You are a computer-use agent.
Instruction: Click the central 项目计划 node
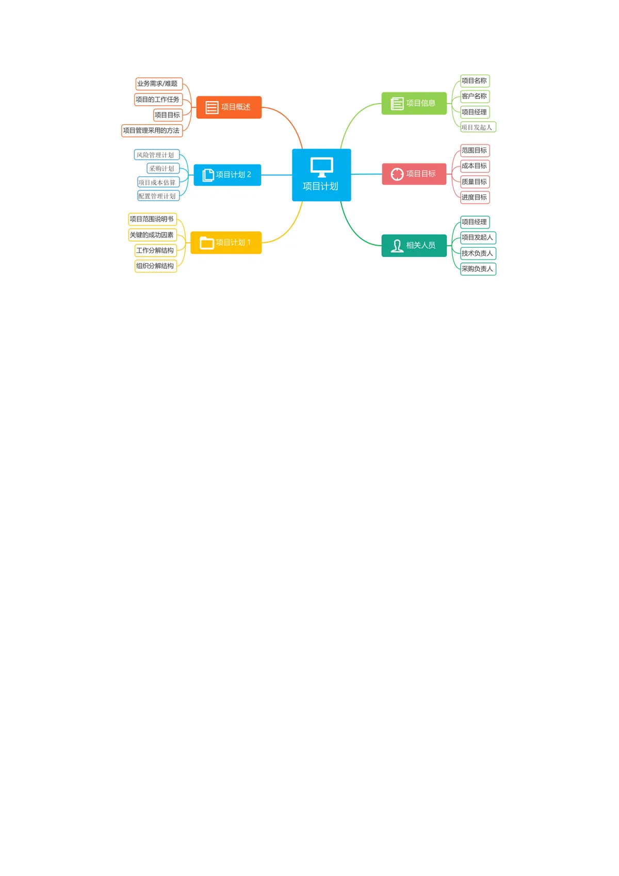click(x=321, y=175)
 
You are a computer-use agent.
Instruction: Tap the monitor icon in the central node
click(x=322, y=167)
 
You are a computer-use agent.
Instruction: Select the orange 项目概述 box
click(x=229, y=107)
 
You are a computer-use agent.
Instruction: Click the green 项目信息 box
click(x=414, y=103)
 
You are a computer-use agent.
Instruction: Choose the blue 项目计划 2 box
click(x=227, y=175)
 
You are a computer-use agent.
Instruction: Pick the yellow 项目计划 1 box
click(x=226, y=242)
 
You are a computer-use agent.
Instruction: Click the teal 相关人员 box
click(x=414, y=246)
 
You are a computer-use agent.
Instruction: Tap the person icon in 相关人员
click(x=397, y=246)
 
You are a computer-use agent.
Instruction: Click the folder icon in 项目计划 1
click(x=207, y=243)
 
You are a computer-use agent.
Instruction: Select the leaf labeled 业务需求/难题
click(x=159, y=84)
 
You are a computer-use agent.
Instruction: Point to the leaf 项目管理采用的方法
click(x=152, y=131)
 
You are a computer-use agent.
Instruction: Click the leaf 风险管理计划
click(x=157, y=155)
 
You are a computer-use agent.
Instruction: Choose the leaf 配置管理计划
click(x=158, y=196)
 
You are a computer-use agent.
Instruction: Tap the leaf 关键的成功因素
click(x=153, y=235)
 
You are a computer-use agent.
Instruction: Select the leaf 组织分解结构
click(x=156, y=266)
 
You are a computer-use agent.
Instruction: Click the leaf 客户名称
click(x=475, y=96)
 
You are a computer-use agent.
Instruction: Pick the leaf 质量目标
click(x=475, y=182)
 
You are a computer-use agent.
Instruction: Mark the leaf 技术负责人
click(x=478, y=253)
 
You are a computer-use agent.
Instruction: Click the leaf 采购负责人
click(x=478, y=269)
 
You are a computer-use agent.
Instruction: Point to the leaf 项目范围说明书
click(x=153, y=219)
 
